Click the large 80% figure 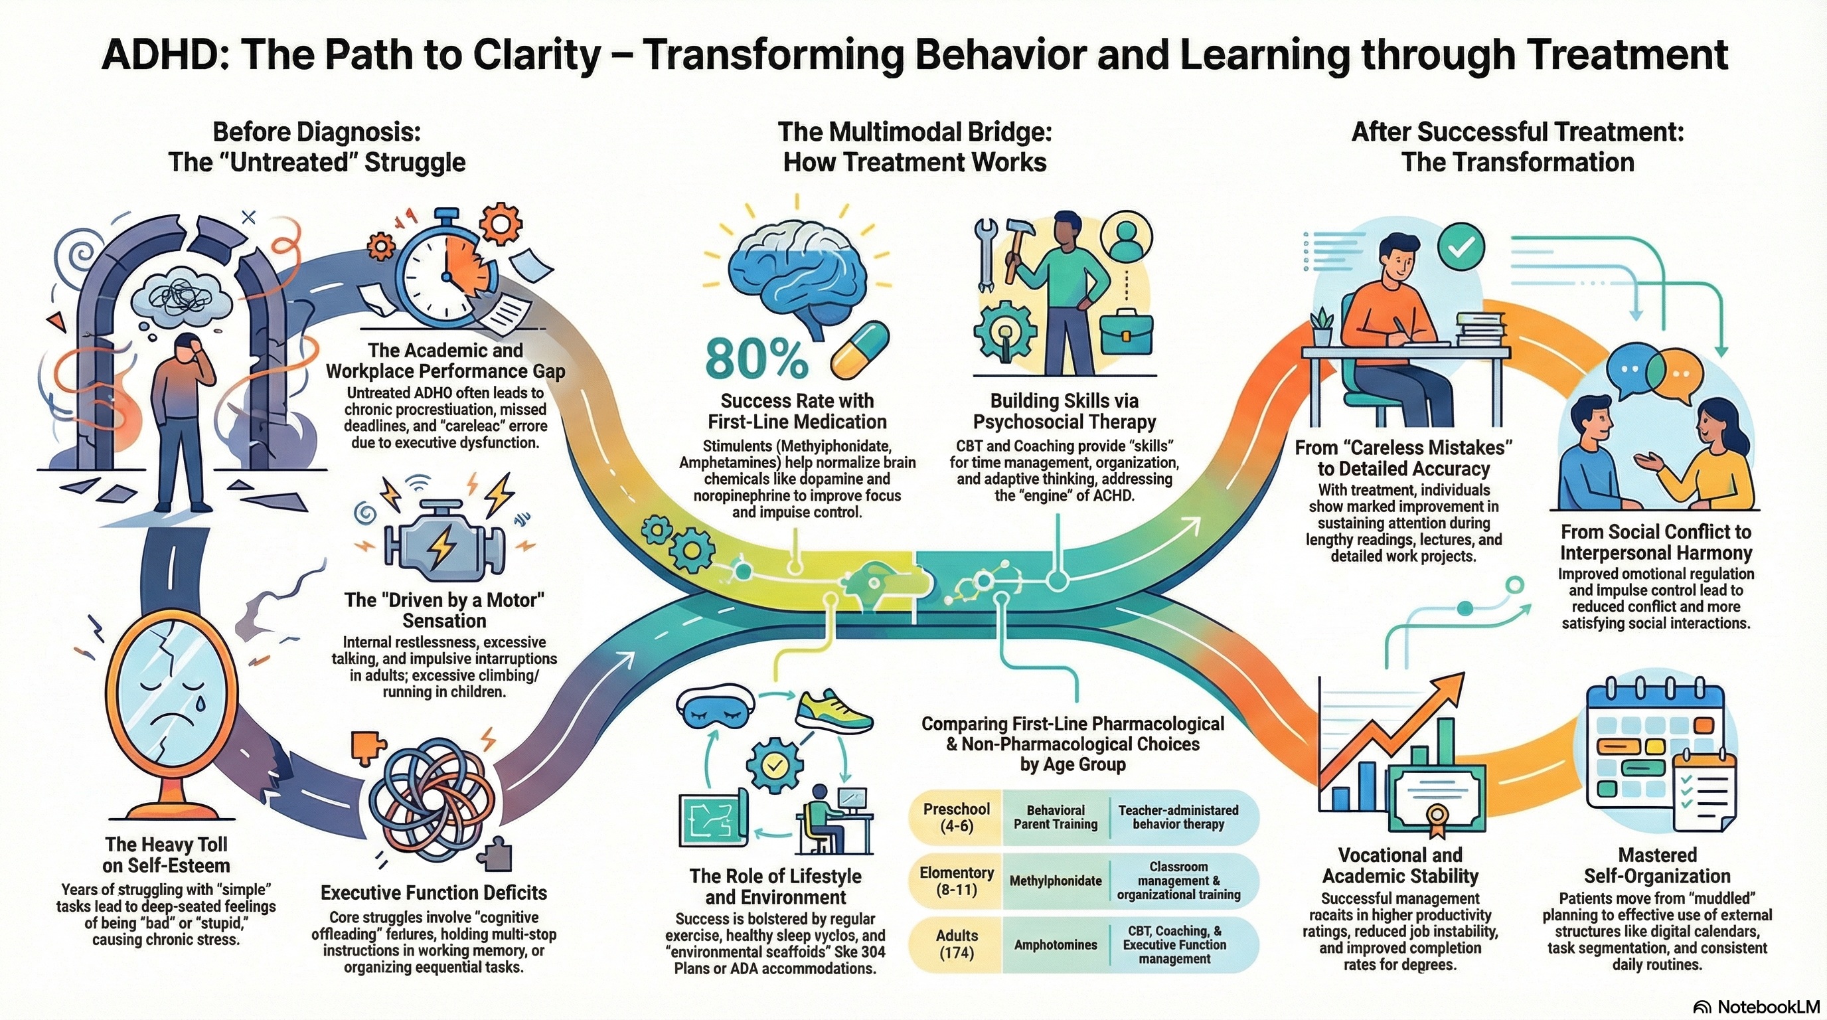pos(756,359)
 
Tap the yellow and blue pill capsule pos(860,351)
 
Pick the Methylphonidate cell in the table pos(1056,881)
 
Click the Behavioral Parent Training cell pos(1056,817)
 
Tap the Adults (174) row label pos(956,944)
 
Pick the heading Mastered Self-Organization pos(1658,865)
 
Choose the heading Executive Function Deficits pos(434,892)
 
